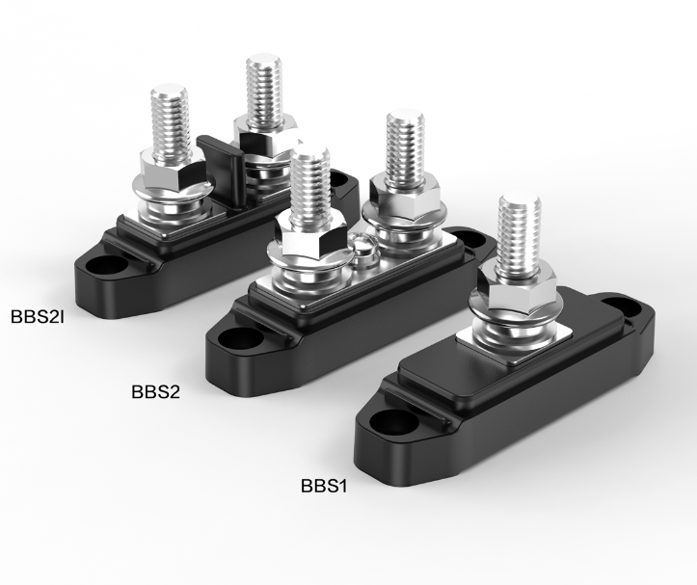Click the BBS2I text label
(38, 316)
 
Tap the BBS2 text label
(155, 392)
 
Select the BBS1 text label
(324, 486)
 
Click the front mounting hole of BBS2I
(107, 265)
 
